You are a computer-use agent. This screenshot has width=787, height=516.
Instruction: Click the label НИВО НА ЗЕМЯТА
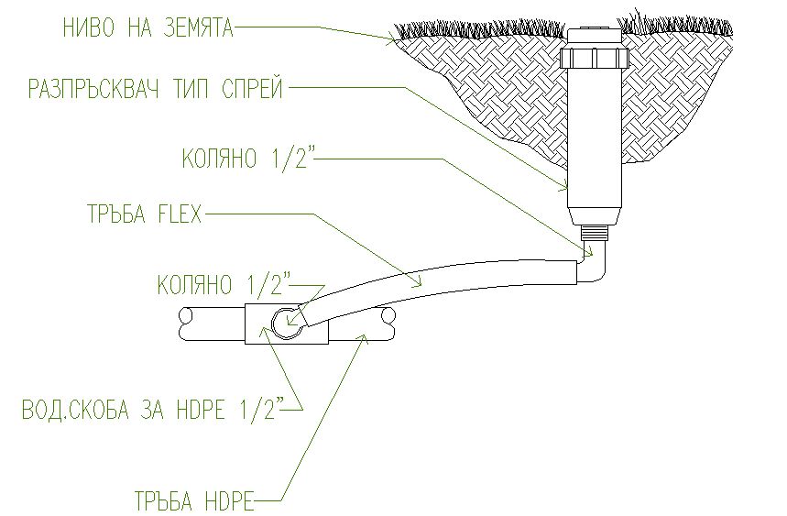point(148,28)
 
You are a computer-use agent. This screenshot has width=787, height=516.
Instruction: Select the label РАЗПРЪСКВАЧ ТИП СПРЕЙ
point(156,89)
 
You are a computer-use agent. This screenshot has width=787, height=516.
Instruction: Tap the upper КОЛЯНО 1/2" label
point(248,159)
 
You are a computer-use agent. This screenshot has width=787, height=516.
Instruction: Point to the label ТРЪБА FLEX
point(145,214)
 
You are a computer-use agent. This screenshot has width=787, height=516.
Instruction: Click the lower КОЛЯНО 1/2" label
point(224,285)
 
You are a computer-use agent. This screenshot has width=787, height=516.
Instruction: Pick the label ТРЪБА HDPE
point(194,500)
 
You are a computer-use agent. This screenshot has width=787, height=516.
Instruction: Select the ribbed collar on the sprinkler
point(595,58)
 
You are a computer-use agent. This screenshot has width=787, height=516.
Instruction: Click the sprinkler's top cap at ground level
point(595,38)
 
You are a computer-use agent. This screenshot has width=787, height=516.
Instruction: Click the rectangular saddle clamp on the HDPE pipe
point(287,324)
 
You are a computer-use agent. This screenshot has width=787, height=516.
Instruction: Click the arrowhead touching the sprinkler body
point(563,187)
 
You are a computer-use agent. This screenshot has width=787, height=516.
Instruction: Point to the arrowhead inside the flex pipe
point(416,282)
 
